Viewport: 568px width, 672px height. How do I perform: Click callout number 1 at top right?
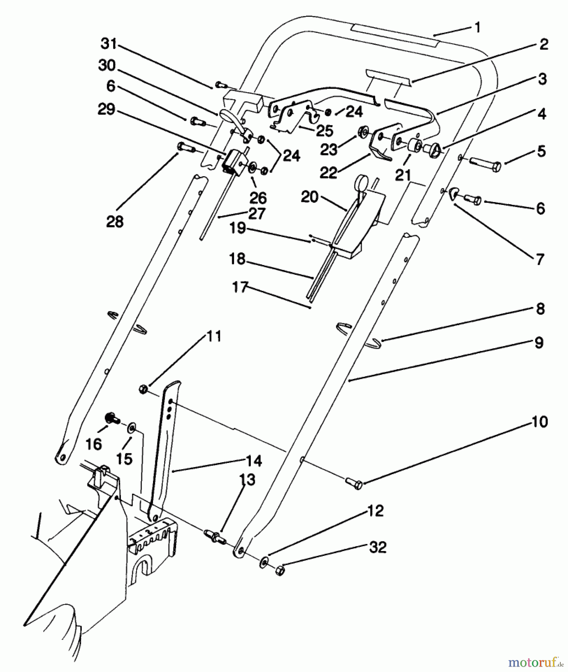point(477,27)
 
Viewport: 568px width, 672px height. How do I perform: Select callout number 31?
point(109,44)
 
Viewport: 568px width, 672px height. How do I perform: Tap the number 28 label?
point(115,221)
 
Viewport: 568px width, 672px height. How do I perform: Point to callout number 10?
point(539,421)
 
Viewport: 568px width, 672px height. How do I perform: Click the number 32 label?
point(378,547)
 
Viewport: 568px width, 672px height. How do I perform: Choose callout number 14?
point(254,461)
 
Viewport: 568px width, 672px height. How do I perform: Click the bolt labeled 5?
point(486,164)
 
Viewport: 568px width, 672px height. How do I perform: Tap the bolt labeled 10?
point(354,484)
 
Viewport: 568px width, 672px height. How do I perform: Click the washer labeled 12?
point(264,562)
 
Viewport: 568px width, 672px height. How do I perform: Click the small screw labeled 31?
point(220,85)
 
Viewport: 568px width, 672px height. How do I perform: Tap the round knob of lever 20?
point(362,182)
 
